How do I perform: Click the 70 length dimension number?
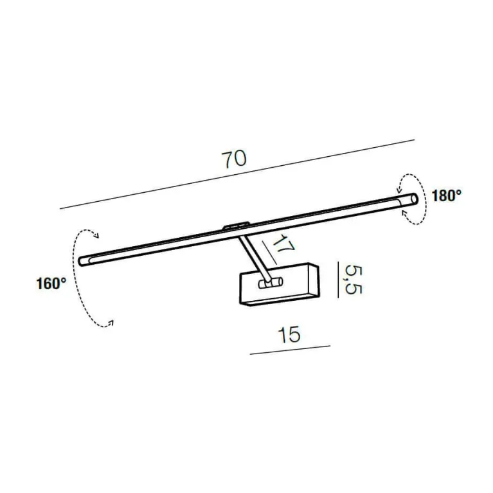234,159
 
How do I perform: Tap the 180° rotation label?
447,196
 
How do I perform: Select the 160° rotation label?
51,283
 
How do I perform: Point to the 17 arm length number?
283,246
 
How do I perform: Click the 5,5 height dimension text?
353,280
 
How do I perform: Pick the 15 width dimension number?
289,334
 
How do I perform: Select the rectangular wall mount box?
280,284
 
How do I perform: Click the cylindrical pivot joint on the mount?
271,283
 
